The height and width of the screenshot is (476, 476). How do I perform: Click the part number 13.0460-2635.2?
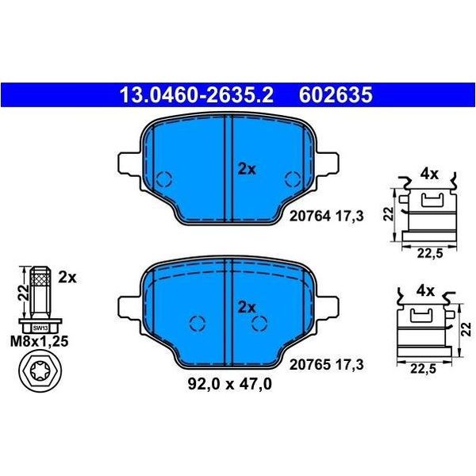pyautogui.click(x=197, y=94)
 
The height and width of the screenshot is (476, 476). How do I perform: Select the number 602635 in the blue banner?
pyautogui.click(x=336, y=94)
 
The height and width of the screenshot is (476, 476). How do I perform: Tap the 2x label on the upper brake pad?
pyautogui.click(x=247, y=170)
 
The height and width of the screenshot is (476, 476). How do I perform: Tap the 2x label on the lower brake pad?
pyautogui.click(x=247, y=307)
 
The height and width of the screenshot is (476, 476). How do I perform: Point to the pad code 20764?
pyautogui.click(x=309, y=216)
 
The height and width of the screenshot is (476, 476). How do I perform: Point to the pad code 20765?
pyautogui.click(x=309, y=365)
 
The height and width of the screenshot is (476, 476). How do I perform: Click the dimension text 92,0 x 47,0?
pyautogui.click(x=230, y=384)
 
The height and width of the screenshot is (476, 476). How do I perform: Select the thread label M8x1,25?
pyautogui.click(x=40, y=342)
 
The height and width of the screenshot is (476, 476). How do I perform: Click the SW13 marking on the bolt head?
pyautogui.click(x=40, y=328)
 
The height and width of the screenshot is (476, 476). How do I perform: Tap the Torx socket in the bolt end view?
pyautogui.click(x=40, y=370)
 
